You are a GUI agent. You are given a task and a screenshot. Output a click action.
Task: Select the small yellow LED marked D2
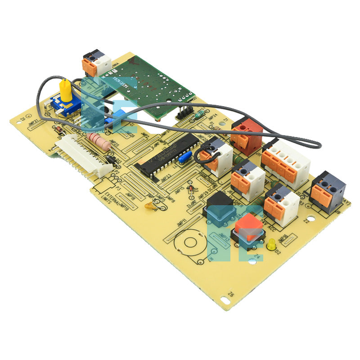pyautogui.click(x=272, y=245)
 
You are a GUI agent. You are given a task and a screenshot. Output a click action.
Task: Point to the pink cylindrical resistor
pyautogui.click(x=99, y=141)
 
